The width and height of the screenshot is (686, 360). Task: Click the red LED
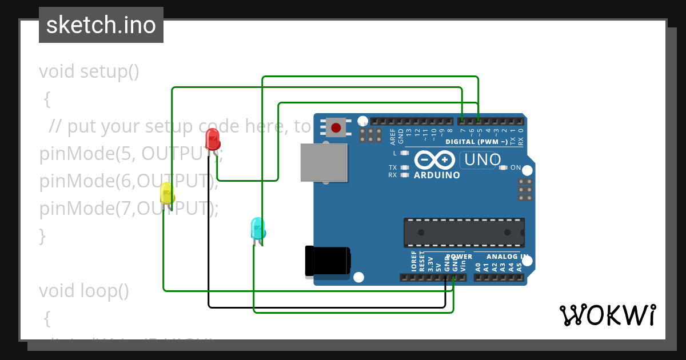pyautogui.click(x=212, y=139)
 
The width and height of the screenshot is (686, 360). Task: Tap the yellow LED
pyautogui.click(x=167, y=193)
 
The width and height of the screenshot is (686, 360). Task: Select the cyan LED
pyautogui.click(x=258, y=228)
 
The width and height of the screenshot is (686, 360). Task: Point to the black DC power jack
pyautogui.click(x=327, y=261)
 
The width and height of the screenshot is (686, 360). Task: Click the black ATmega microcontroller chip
pyautogui.click(x=464, y=232)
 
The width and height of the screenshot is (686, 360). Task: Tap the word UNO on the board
pyautogui.click(x=482, y=160)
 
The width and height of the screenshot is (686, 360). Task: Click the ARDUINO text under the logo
pyautogui.click(x=437, y=175)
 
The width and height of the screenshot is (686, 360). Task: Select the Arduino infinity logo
pyautogui.click(x=436, y=159)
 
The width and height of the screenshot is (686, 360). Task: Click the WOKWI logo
pyautogui.click(x=607, y=315)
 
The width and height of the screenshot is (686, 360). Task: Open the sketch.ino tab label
pyautogui.click(x=101, y=25)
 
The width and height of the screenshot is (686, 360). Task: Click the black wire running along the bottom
pyautogui.click(x=326, y=307)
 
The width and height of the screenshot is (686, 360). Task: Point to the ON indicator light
pyautogui.click(x=503, y=167)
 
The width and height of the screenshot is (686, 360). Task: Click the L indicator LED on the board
pyautogui.click(x=405, y=153)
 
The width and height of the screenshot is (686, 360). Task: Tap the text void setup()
pyautogui.click(x=89, y=71)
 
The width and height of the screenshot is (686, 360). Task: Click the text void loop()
pyautogui.click(x=84, y=291)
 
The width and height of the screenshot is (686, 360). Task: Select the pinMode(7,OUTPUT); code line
pyautogui.click(x=129, y=209)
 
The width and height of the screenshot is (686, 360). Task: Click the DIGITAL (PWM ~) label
pyautogui.click(x=476, y=141)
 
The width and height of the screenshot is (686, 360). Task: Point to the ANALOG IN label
pyautogui.click(x=498, y=257)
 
